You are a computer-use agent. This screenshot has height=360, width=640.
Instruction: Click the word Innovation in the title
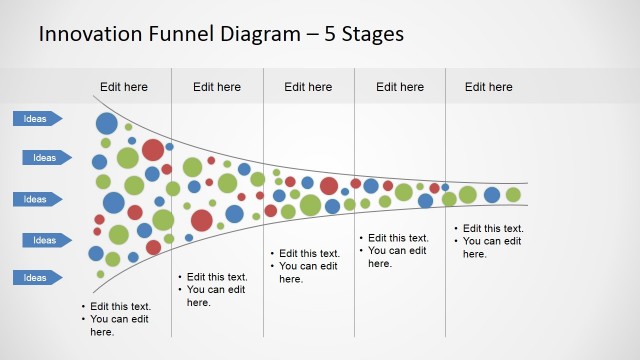[x=87, y=34]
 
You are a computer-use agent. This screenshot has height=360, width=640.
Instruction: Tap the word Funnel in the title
[x=175, y=34]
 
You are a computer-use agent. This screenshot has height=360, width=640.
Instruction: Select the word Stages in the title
[x=372, y=34]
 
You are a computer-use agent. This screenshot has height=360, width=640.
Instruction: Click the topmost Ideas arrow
[x=37, y=119]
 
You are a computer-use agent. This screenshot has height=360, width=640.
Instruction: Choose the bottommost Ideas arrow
[x=37, y=277]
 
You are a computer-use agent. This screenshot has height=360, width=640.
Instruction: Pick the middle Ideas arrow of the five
[x=37, y=199]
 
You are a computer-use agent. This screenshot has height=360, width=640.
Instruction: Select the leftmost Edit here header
[x=124, y=87]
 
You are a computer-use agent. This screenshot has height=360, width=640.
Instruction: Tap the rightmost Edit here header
[x=489, y=87]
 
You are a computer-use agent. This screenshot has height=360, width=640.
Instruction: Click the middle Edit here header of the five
[x=308, y=87]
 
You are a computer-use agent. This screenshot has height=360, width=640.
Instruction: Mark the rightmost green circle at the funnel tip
[x=513, y=194]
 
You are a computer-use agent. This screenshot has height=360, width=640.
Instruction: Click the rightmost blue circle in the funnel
[x=492, y=194]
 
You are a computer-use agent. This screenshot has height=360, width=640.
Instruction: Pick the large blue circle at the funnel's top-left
[x=107, y=124]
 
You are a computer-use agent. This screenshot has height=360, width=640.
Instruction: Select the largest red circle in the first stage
[x=153, y=150]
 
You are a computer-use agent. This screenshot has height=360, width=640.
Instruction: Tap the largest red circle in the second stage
[x=202, y=220]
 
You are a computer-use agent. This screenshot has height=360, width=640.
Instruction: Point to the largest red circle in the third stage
[x=329, y=185]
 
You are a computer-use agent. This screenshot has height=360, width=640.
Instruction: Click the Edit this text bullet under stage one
[x=121, y=307]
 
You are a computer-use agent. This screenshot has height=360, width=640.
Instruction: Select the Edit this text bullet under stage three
[x=309, y=254]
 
